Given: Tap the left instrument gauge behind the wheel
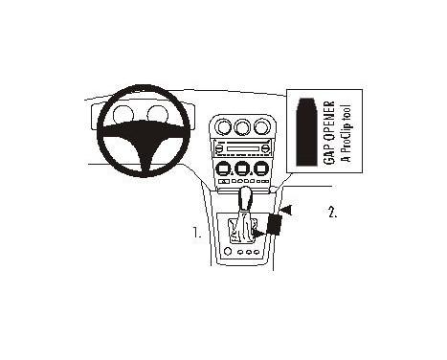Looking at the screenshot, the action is (x=123, y=117).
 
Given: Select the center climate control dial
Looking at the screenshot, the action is (x=242, y=169).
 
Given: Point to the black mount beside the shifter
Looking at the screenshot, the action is (x=276, y=225).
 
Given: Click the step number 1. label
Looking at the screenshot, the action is (x=196, y=232).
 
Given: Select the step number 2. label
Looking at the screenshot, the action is (x=332, y=213).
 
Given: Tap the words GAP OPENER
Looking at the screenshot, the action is (x=329, y=131).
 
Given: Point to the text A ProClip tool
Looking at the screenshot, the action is (x=346, y=131).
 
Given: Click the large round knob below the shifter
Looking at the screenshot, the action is (x=228, y=252).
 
